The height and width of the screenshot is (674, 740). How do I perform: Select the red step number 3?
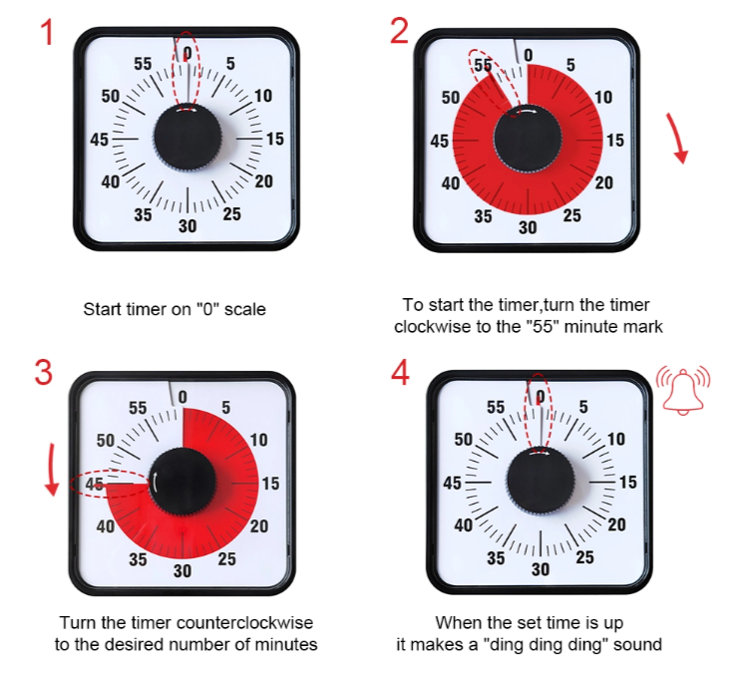pyautogui.click(x=44, y=373)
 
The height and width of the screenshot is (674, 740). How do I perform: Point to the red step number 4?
pyautogui.click(x=400, y=373)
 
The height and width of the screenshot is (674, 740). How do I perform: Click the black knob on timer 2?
pyautogui.click(x=528, y=140)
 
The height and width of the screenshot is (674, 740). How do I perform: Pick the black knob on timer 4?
pyautogui.click(x=540, y=482)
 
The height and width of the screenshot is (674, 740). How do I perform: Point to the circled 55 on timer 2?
pyautogui.click(x=484, y=66)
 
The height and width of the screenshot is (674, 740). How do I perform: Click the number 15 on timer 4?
pyautogui.click(x=627, y=483)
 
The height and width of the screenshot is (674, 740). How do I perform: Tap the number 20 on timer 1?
pyautogui.click(x=263, y=180)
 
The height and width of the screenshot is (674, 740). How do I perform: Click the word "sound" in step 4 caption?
pyautogui.click(x=639, y=645)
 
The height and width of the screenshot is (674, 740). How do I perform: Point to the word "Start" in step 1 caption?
pyautogui.click(x=101, y=309)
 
